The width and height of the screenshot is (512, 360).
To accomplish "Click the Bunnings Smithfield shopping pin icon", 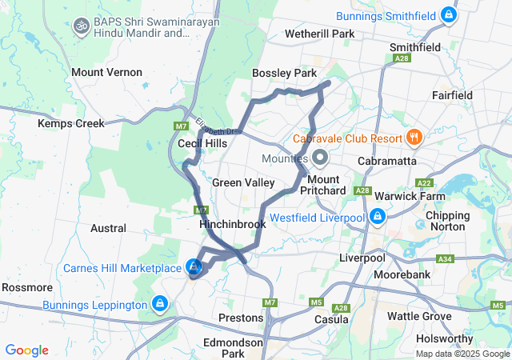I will (x=450, y=15).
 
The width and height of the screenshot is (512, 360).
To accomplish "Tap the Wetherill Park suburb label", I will (x=320, y=34).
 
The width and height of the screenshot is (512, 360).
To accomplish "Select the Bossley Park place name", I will (x=284, y=73).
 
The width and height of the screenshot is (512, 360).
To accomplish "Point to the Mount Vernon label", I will (x=106, y=72).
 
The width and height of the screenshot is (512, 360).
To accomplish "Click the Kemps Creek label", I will (x=71, y=124).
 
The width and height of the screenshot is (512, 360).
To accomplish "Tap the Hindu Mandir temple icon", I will (x=80, y=26).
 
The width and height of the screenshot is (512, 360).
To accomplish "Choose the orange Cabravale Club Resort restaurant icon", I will (x=414, y=138).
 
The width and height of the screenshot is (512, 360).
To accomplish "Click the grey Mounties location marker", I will (x=320, y=157).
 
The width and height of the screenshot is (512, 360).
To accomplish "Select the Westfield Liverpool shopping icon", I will (x=377, y=217).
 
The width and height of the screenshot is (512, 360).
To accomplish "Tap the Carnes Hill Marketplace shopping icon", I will (x=193, y=267).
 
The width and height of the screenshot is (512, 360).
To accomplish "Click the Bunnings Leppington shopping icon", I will (x=159, y=304).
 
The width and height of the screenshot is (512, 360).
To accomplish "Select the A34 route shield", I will (x=445, y=260).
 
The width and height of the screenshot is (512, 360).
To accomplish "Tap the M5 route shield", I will (x=316, y=302).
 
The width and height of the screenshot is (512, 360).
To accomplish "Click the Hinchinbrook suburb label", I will (x=232, y=225).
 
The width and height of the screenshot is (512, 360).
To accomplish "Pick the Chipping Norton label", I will (x=448, y=222).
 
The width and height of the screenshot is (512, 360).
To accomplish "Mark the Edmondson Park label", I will (x=233, y=347).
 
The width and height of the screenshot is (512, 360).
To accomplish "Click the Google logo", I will (x=27, y=350).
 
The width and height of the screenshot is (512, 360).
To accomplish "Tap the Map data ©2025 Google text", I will (x=462, y=353).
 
